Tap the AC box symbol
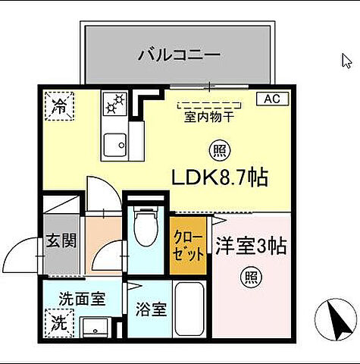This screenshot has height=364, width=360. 273,99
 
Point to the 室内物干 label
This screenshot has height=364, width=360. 208,118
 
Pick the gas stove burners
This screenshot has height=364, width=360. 116,103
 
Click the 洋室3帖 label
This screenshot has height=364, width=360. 251,246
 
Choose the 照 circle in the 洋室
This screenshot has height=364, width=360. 250,277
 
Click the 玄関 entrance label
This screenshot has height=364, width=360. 61,241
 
